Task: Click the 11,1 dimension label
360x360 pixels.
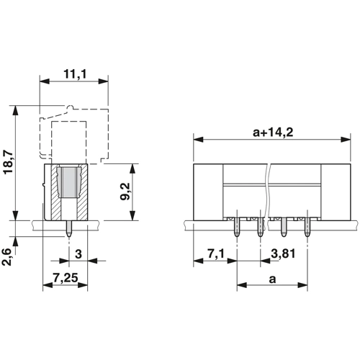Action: coord(75,74)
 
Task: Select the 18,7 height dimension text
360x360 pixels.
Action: coord(9,162)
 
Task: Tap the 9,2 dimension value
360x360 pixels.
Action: coord(125,192)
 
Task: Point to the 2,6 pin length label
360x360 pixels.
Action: coord(6,256)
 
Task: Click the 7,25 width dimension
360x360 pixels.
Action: coord(66,278)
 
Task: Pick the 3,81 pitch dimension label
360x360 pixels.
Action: coord(283,253)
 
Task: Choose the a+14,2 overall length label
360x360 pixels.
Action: coord(273,132)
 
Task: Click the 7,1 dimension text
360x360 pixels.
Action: coord(216,253)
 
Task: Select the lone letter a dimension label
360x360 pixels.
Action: coord(272,279)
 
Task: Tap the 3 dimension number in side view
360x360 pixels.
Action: coord(78,254)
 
